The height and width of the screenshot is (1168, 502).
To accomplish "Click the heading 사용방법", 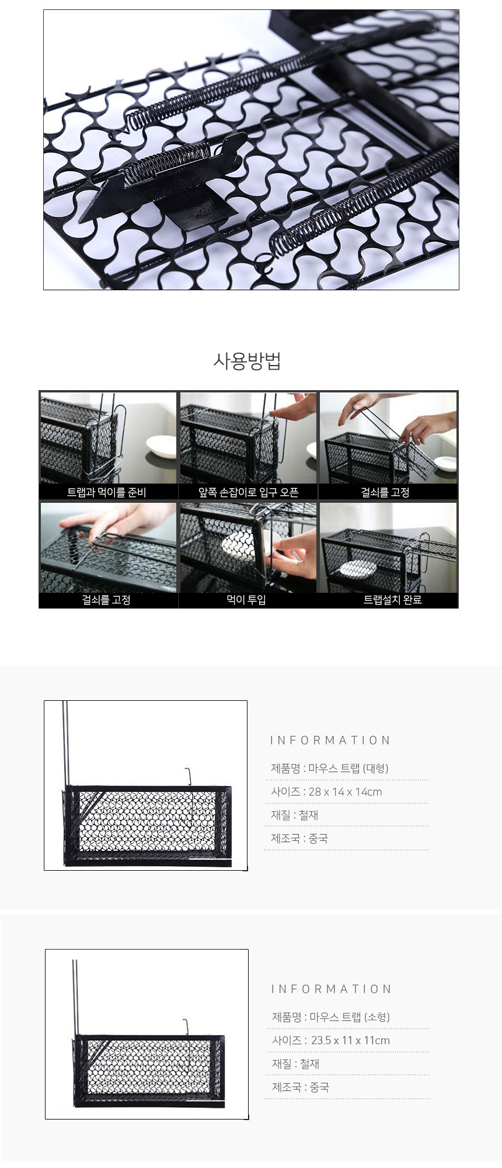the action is point(247,362).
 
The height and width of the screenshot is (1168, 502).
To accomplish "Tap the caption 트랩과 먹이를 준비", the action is point(107,492).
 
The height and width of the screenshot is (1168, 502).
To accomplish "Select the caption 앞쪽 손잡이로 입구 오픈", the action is point(249,492).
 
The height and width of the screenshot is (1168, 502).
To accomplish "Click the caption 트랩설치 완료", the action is point(392,600).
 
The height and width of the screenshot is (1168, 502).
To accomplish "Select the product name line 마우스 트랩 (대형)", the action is point(329,769).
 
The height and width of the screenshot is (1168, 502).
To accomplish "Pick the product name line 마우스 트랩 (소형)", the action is point(331,1017).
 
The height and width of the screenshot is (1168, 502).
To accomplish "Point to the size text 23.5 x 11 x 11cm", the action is point(331,1041).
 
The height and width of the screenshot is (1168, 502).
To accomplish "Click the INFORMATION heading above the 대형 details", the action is point(330,741).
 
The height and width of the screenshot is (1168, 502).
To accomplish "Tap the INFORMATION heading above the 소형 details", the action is point(332,989).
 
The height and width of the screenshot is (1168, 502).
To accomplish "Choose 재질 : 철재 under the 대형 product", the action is point(294,815).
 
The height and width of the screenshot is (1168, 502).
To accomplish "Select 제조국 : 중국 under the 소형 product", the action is point(301,1087).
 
